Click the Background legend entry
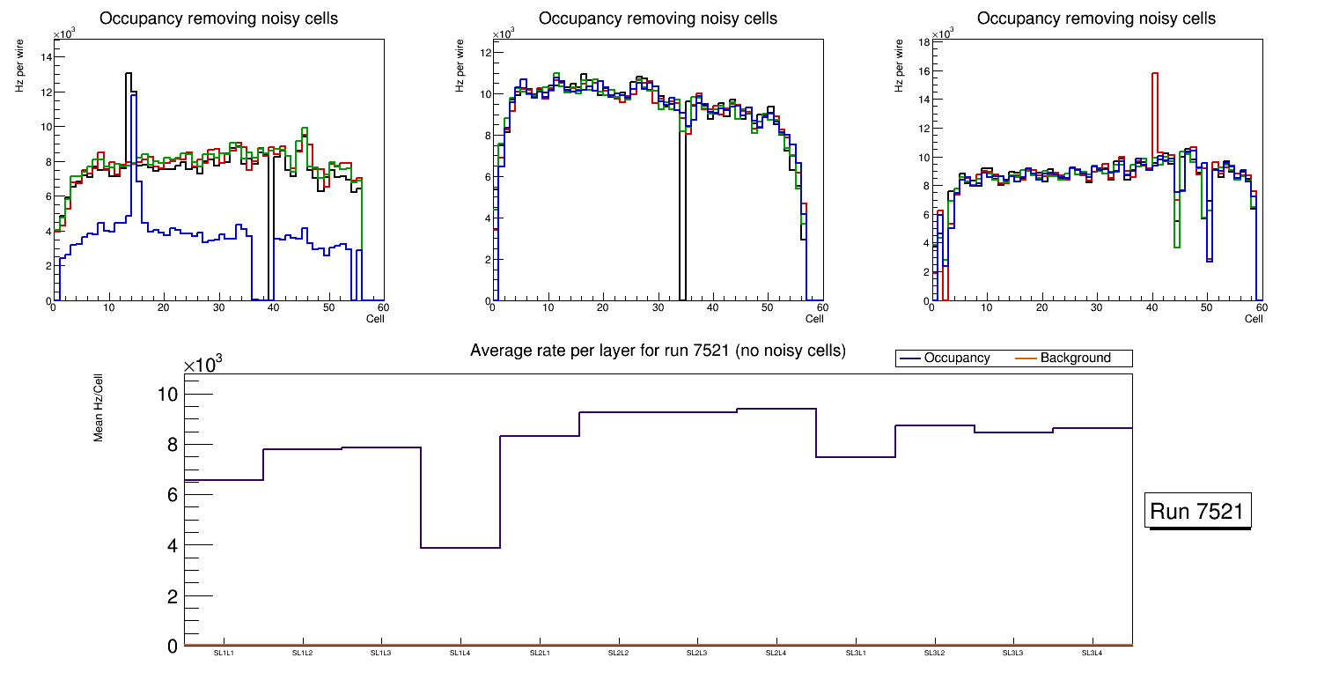coord(1075,358)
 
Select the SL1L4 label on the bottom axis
coord(460,654)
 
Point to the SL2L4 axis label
coord(776,654)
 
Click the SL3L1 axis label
coord(855,654)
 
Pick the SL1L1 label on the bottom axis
coord(223,654)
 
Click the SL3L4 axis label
coord(1092,654)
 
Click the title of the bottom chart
coord(658,351)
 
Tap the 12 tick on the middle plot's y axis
coord(484,53)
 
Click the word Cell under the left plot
coord(375,319)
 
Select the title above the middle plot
coord(658,18)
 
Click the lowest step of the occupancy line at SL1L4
coord(460,548)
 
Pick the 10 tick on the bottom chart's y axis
coord(168,394)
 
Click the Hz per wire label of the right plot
coord(899,67)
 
